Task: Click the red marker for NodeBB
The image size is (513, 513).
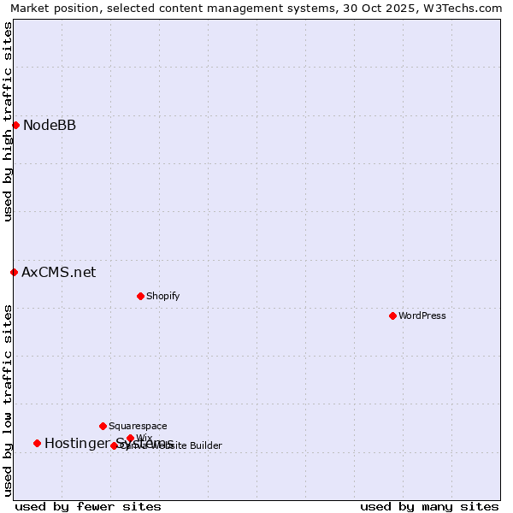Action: click(x=15, y=125)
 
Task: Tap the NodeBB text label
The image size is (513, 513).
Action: click(x=50, y=126)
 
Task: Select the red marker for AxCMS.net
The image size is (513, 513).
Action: click(x=14, y=272)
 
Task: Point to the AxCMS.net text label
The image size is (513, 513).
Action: click(x=58, y=273)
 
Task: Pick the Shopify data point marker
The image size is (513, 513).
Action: click(x=140, y=296)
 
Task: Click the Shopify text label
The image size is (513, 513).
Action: click(x=162, y=296)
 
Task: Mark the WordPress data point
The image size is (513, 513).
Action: click(x=392, y=315)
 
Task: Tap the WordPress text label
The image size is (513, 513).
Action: click(x=422, y=315)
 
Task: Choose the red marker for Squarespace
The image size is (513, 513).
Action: click(x=103, y=426)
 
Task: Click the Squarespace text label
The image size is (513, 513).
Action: click(x=138, y=426)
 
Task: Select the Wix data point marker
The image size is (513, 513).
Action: click(x=130, y=438)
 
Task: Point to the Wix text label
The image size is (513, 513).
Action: click(x=144, y=438)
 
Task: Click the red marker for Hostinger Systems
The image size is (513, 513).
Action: click(x=37, y=443)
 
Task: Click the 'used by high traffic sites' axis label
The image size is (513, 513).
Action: click(x=9, y=121)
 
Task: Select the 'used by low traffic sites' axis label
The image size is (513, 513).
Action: click(x=9, y=399)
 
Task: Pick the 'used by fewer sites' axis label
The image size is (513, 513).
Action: click(x=88, y=506)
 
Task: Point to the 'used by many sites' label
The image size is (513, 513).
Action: click(x=429, y=506)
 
